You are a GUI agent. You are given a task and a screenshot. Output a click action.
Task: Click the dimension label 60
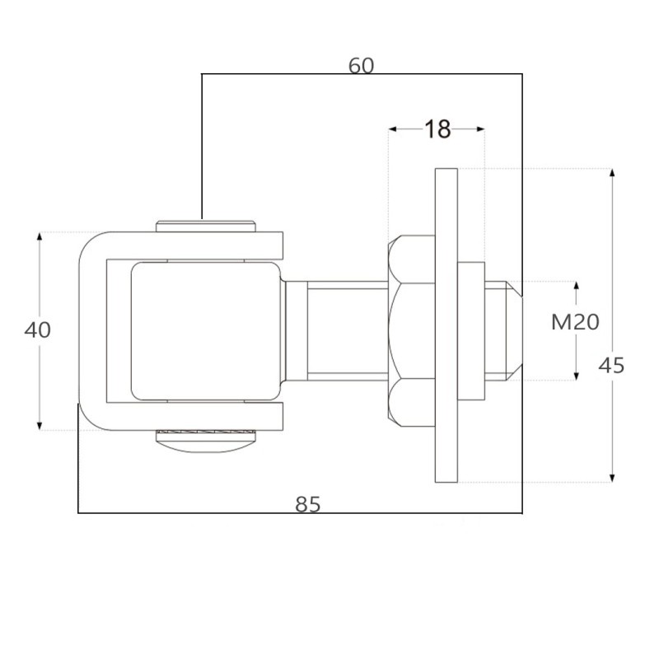(361, 66)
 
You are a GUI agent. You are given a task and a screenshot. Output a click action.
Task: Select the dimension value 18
(437, 129)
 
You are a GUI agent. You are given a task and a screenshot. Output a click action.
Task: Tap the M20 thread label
(575, 322)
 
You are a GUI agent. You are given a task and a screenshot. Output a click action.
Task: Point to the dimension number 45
(611, 366)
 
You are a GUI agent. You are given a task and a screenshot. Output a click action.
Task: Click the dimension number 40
(37, 330)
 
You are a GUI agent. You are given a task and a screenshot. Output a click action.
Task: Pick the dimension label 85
(307, 504)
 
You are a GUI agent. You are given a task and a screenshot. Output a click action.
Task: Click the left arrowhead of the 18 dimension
(393, 129)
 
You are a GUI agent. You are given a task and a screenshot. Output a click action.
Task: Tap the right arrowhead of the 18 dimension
(481, 129)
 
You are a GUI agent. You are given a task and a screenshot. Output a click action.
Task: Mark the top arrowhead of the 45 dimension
(612, 173)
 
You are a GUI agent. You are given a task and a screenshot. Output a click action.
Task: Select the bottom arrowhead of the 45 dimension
(612, 478)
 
